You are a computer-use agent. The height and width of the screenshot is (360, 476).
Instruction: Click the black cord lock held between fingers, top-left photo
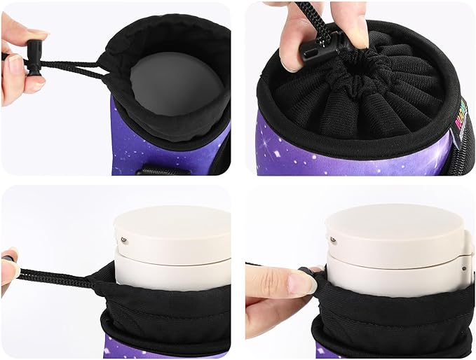[x=34, y=57]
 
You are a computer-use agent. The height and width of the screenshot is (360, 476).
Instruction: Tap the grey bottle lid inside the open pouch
[x=175, y=83]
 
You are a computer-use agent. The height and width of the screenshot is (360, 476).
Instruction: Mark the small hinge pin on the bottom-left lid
[x=124, y=239]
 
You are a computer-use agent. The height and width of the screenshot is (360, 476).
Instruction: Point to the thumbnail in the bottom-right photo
[x=301, y=282]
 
